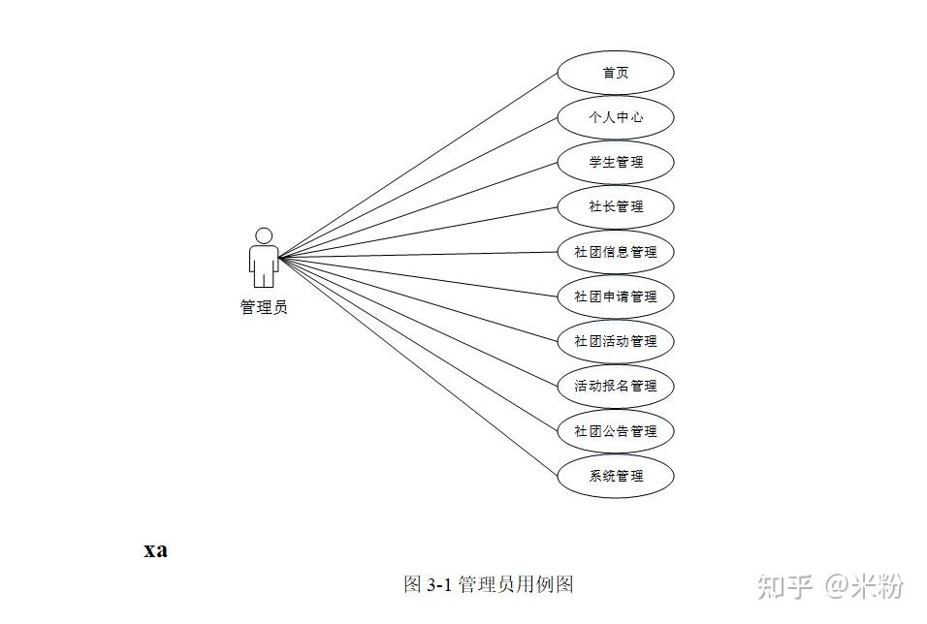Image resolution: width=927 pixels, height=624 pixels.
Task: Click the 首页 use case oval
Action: click(x=615, y=73)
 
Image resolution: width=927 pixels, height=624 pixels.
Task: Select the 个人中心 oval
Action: click(x=615, y=117)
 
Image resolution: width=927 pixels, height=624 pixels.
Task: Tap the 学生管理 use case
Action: click(x=615, y=162)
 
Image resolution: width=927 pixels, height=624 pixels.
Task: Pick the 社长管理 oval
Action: click(x=615, y=206)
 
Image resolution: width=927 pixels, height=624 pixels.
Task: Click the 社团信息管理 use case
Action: click(x=615, y=252)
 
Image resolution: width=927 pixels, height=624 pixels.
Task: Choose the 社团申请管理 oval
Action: click(x=615, y=296)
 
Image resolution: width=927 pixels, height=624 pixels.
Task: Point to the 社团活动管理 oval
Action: click(x=615, y=341)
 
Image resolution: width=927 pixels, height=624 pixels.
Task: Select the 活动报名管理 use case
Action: click(x=615, y=386)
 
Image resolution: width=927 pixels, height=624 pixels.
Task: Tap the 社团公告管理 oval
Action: click(x=615, y=431)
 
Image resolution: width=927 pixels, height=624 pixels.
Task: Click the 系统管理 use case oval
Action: click(x=615, y=476)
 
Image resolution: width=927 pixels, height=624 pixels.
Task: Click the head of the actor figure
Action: click(x=263, y=235)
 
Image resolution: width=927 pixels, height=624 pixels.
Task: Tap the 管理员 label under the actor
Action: click(x=264, y=307)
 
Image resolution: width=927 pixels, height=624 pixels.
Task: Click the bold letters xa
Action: click(x=155, y=550)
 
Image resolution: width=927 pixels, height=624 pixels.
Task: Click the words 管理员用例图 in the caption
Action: click(x=516, y=584)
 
